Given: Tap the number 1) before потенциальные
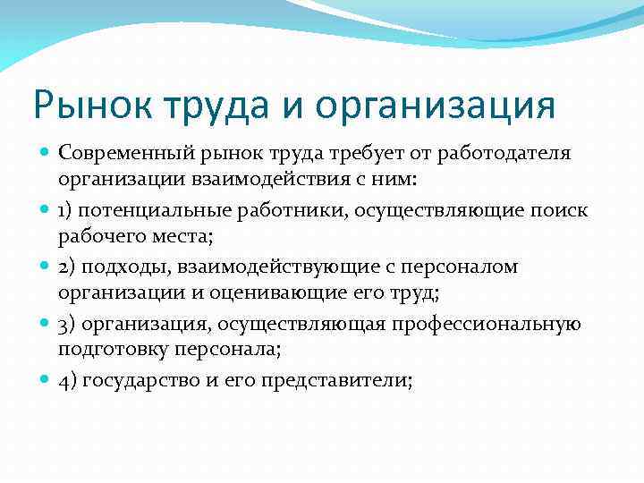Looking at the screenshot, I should click(68, 210).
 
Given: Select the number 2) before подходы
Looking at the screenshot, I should click(69, 267).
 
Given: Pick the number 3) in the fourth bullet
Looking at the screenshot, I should click(69, 325).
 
